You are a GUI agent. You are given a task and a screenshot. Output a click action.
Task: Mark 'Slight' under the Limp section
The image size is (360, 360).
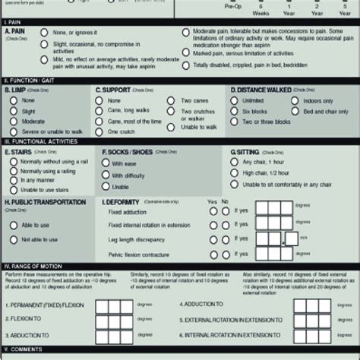(13, 111)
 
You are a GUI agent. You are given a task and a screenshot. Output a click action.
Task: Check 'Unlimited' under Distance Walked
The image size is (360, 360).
(236, 100)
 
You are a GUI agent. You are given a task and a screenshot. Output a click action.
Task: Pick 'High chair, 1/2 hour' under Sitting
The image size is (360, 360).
(236, 172)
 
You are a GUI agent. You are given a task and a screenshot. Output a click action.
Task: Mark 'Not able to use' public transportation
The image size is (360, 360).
(13, 239)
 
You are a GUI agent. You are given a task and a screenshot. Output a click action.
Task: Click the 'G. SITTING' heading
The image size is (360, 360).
(247, 152)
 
